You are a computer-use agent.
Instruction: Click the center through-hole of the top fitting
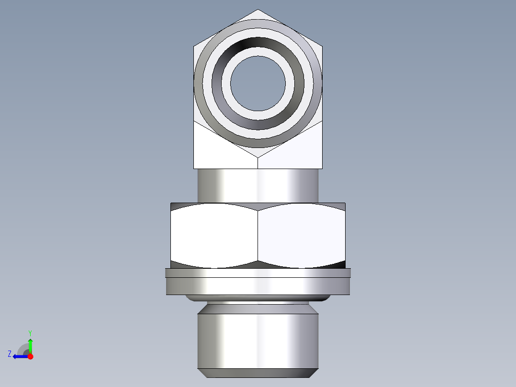258,82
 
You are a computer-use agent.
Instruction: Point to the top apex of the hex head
258,10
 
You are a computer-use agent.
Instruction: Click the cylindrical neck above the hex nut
258,185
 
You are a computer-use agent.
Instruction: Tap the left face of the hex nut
214,235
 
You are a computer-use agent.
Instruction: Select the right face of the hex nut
302,235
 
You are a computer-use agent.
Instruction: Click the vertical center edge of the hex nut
258,235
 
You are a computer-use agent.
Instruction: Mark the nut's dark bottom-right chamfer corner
340,264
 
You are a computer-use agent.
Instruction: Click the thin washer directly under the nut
258,273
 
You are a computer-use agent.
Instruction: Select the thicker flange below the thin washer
258,286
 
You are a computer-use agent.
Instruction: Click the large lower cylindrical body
258,340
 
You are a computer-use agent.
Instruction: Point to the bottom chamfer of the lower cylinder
258,373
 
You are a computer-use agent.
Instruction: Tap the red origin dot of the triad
30,356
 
